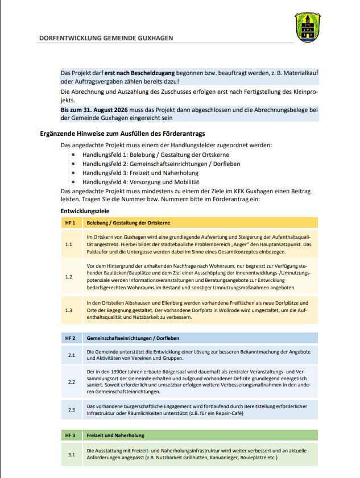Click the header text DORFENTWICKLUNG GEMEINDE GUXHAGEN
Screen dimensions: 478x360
click(x=106, y=39)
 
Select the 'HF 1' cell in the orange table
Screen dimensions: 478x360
click(x=70, y=222)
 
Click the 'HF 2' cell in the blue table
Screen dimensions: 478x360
click(x=70, y=338)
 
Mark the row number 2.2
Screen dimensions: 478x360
click(x=71, y=382)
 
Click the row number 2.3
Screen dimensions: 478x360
click(x=71, y=410)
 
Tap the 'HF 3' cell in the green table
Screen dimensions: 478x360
click(x=70, y=435)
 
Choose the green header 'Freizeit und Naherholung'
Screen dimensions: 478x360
click(x=115, y=435)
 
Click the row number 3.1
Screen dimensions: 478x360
click(x=71, y=455)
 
